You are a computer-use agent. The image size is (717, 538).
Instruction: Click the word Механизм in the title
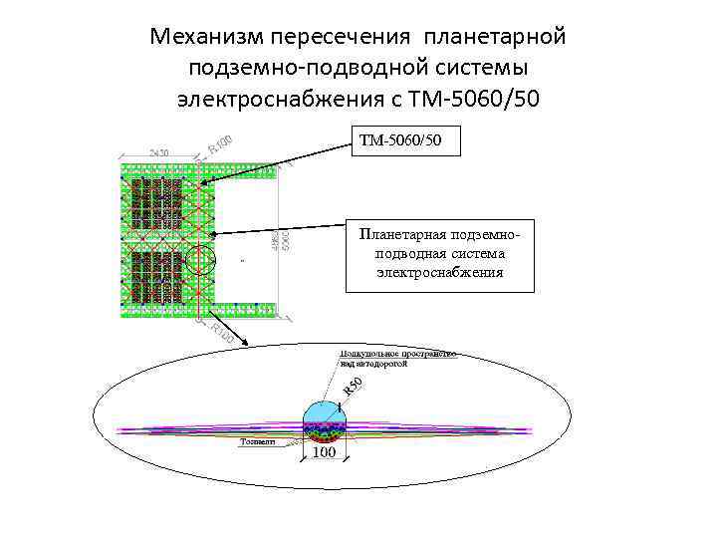click(203, 37)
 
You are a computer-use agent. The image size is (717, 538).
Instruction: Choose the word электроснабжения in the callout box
click(440, 271)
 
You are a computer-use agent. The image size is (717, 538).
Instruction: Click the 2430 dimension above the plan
click(159, 152)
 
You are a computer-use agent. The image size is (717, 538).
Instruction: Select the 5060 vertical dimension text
click(287, 240)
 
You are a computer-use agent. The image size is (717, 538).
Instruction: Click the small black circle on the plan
click(200, 259)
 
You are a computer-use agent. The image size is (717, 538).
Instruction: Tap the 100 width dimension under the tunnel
click(324, 453)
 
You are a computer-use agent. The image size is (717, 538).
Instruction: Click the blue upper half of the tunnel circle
click(323, 411)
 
